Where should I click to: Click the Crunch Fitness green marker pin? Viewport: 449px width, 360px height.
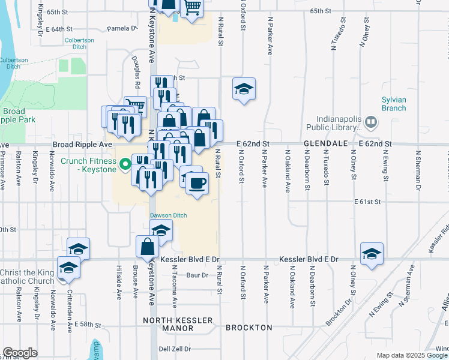point(125,163)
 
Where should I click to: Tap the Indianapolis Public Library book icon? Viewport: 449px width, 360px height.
point(372,123)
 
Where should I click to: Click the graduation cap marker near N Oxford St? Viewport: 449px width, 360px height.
point(244,90)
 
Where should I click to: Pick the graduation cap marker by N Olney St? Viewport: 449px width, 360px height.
point(372,254)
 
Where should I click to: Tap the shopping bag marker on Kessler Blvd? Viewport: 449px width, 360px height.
point(148,247)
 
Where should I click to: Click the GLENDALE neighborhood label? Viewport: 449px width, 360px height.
point(326,144)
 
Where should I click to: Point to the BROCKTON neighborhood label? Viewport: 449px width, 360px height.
point(249,328)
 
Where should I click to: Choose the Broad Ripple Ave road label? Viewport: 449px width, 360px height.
point(82,145)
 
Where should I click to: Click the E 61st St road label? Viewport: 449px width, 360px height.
point(367,202)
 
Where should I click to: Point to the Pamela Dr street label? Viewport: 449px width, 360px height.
point(122,28)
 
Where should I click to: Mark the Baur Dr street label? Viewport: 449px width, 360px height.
point(196,275)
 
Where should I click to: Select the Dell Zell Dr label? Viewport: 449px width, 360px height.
point(175,349)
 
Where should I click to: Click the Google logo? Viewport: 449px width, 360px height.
point(20,353)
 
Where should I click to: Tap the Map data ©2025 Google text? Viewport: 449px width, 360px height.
point(412,355)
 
